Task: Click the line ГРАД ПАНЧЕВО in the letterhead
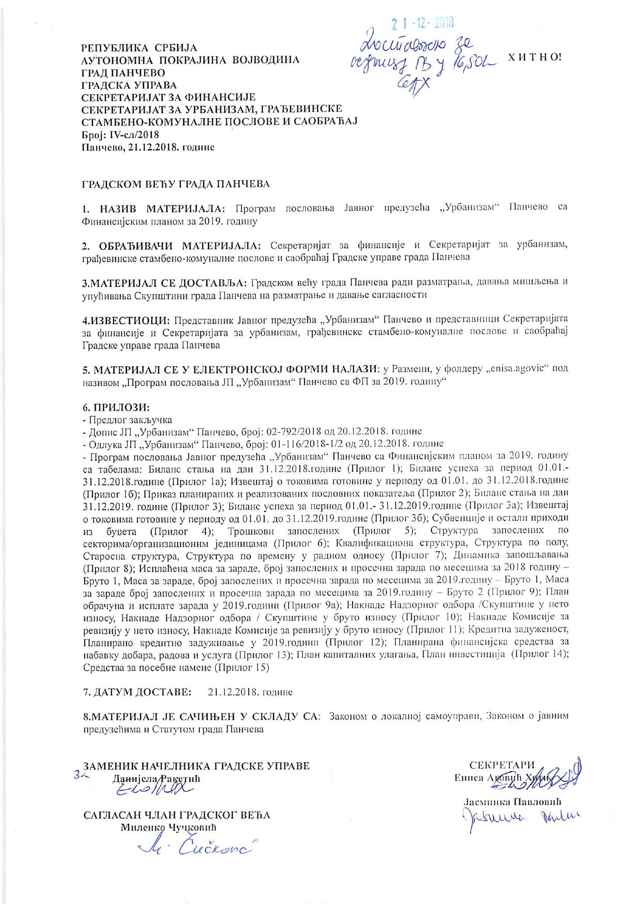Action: click(x=123, y=72)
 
